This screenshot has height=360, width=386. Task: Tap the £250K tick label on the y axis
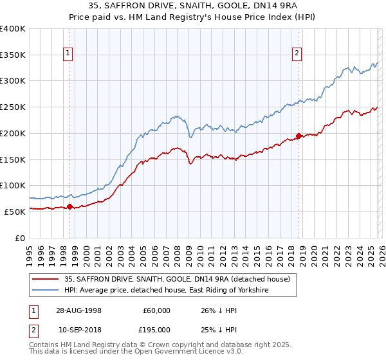coord(13,107)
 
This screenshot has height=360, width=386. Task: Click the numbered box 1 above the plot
coord(68,54)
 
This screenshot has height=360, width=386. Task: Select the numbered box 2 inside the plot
coord(297,54)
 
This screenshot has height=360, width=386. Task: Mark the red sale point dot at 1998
coord(70,206)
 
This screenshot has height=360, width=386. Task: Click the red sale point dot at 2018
coord(299,136)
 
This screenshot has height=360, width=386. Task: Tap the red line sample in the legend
coord(46,279)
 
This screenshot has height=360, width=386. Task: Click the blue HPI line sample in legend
coord(46,291)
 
